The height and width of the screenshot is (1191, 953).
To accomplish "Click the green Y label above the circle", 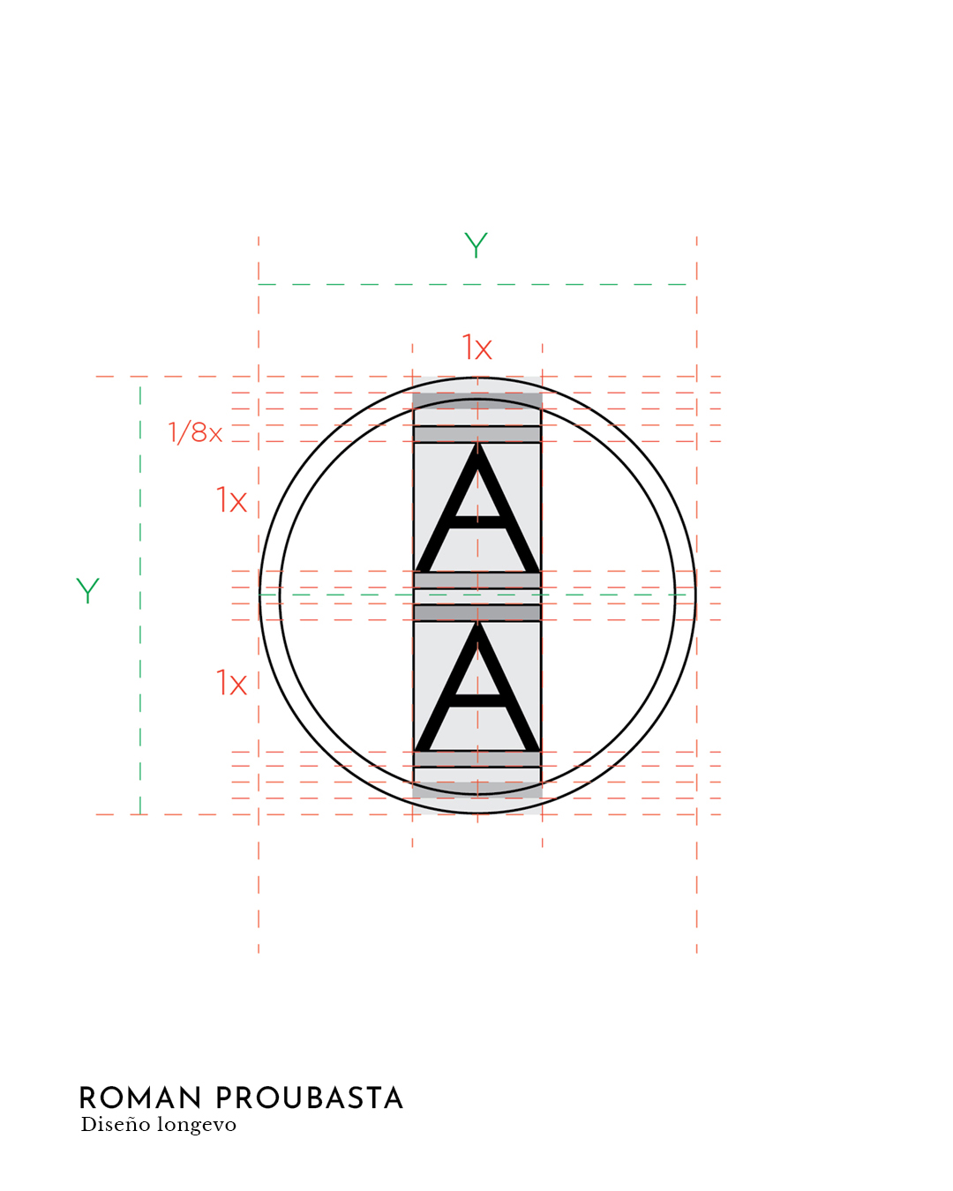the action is [476, 245].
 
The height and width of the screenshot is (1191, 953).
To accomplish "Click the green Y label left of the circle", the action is [87, 590].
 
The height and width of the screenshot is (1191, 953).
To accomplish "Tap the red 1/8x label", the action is [196, 432].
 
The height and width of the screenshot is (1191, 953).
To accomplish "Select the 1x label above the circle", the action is [476, 348].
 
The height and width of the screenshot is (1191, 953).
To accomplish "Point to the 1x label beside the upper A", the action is [231, 499].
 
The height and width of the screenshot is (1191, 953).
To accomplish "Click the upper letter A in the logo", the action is [477, 507].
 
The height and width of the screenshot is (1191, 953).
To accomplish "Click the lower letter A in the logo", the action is [477, 685].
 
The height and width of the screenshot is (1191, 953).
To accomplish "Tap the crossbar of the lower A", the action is [477, 700].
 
